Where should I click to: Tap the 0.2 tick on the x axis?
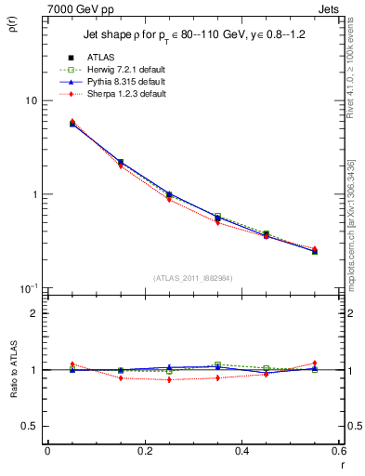pos(144,453)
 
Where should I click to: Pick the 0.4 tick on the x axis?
pos(241,453)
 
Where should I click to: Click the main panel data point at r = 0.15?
pos(121,162)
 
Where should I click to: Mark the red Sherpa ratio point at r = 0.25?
pos(169,380)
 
